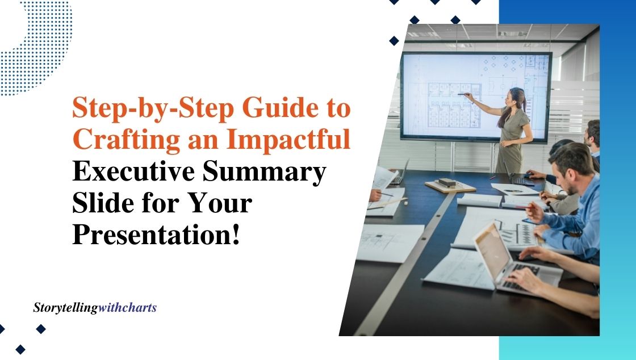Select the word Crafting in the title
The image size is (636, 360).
[x=126, y=140]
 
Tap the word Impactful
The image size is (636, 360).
[x=288, y=139]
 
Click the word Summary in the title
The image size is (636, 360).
[x=264, y=173]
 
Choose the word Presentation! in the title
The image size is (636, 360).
[x=156, y=235]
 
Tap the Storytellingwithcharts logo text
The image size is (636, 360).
[x=95, y=308]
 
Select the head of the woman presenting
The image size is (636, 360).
[x=517, y=97]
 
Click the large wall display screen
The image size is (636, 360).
[x=476, y=97]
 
